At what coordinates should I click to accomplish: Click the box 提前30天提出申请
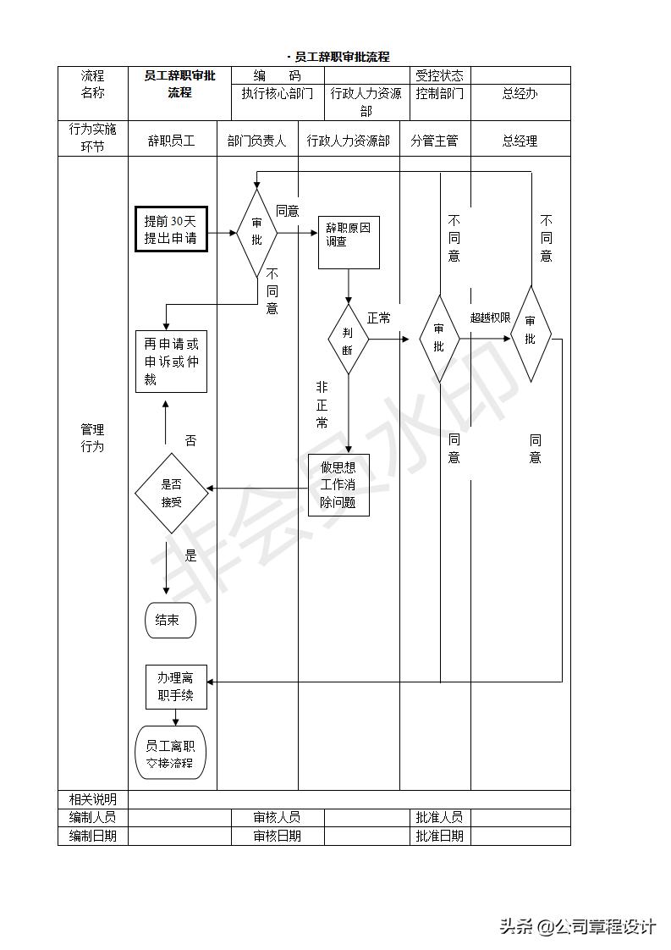click(171, 229)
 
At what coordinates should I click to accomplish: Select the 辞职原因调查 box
click(349, 242)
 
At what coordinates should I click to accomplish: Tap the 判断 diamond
click(348, 340)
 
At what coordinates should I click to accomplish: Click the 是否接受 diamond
click(171, 493)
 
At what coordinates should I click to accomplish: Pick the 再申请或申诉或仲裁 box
click(171, 362)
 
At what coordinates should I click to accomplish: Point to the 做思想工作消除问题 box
click(338, 485)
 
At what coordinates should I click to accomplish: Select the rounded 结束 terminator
click(170, 621)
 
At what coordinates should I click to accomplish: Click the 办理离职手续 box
click(176, 687)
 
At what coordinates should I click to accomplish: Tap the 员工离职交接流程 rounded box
click(170, 753)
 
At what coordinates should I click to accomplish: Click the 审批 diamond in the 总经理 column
click(531, 333)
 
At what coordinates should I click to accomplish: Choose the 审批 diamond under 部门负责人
click(256, 232)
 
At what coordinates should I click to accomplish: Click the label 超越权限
click(490, 318)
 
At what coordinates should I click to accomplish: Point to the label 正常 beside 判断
click(379, 318)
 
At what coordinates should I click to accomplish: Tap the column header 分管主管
click(434, 141)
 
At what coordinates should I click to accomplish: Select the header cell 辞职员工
click(172, 141)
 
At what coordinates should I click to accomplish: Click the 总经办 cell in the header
click(520, 93)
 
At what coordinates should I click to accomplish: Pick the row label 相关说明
click(92, 799)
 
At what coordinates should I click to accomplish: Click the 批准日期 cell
click(439, 836)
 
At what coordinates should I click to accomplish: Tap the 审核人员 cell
click(277, 817)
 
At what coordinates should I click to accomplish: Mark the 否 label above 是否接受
click(190, 440)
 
